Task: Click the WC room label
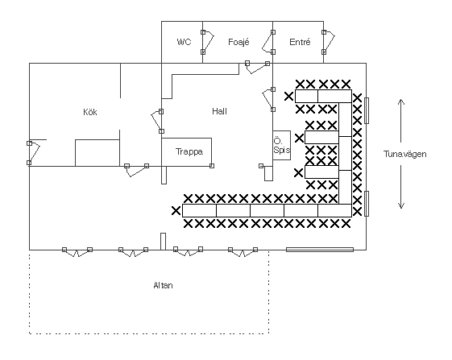pos(184,42)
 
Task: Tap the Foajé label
pos(238,42)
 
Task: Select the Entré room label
pos(300,42)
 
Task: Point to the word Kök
pos(90,112)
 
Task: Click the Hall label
pos(219,111)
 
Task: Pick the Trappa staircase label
pos(189,151)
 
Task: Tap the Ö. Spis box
pos(282,145)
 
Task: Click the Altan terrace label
pos(164,285)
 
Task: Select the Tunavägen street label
pos(404,154)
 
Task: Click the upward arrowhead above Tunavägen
pos(401,101)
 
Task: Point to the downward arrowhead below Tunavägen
pos(401,206)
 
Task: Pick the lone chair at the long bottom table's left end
pos(176,211)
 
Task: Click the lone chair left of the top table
pos(288,97)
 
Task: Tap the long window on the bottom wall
pos(320,250)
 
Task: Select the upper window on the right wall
pos(367,110)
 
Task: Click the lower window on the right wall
pos(367,204)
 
